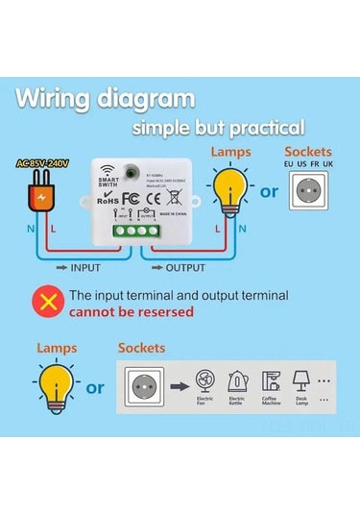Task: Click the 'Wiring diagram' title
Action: pos(106,99)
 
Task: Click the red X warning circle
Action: pos(45,303)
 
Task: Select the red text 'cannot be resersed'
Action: pos(131,312)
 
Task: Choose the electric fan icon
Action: pos(204,379)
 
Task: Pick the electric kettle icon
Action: pos(236,380)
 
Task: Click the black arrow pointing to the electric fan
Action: pos(177,388)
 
